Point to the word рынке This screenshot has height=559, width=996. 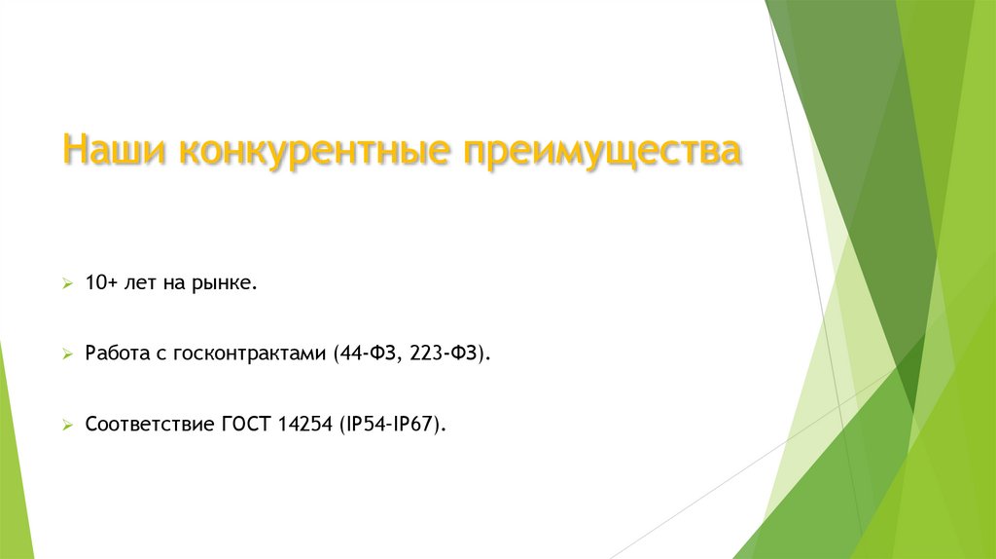point(228,284)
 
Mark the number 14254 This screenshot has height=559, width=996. point(304,425)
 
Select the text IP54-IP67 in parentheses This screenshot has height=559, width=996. point(392,425)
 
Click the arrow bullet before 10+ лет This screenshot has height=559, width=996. point(67,284)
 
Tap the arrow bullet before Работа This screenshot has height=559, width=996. point(67,355)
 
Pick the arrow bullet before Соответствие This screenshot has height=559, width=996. point(67,426)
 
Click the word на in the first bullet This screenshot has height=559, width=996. point(175,284)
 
